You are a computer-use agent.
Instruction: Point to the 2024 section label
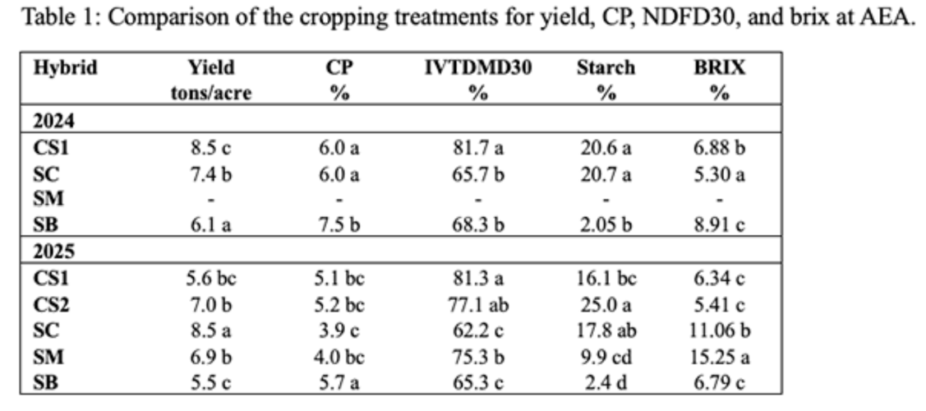pyautogui.click(x=53, y=121)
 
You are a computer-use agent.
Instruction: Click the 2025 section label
pyautogui.click(x=53, y=252)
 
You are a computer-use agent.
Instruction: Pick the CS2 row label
pyautogui.click(x=51, y=305)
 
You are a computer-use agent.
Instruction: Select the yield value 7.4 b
pyautogui.click(x=211, y=174)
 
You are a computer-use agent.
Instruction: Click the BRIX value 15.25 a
pyautogui.click(x=719, y=357)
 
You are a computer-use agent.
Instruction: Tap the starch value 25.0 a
pyautogui.click(x=606, y=305)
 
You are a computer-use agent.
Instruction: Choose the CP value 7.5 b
pyautogui.click(x=339, y=225)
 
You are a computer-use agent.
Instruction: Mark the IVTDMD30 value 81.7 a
pyautogui.click(x=478, y=148)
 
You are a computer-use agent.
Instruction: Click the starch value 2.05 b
pyautogui.click(x=606, y=225)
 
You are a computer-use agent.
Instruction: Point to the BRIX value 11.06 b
pyautogui.click(x=719, y=330)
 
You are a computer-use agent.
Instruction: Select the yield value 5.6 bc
pyautogui.click(x=211, y=278)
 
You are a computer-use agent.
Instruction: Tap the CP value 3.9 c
pyautogui.click(x=339, y=330)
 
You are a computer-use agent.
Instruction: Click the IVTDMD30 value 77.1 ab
pyautogui.click(x=478, y=305)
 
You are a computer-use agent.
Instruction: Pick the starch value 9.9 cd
pyautogui.click(x=606, y=357)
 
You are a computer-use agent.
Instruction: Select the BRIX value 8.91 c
pyautogui.click(x=719, y=225)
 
